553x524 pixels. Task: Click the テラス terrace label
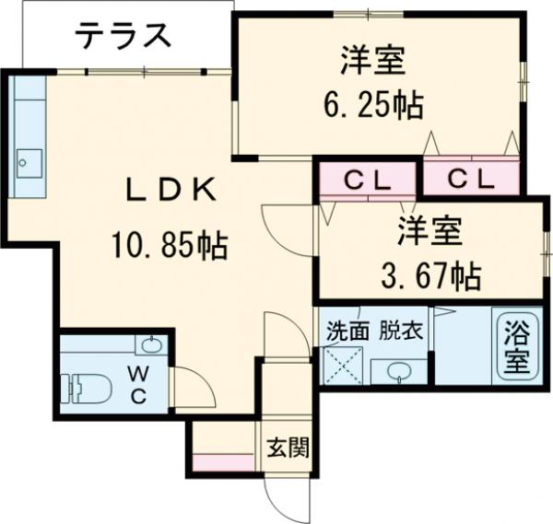(x=123, y=38)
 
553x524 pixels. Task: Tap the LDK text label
(x=171, y=192)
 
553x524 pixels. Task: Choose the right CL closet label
(x=471, y=180)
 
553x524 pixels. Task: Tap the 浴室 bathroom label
(x=517, y=345)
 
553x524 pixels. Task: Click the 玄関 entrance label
(x=288, y=448)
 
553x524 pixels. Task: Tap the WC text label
(x=137, y=384)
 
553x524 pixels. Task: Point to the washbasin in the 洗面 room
(x=399, y=370)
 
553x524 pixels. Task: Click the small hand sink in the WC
(x=152, y=346)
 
